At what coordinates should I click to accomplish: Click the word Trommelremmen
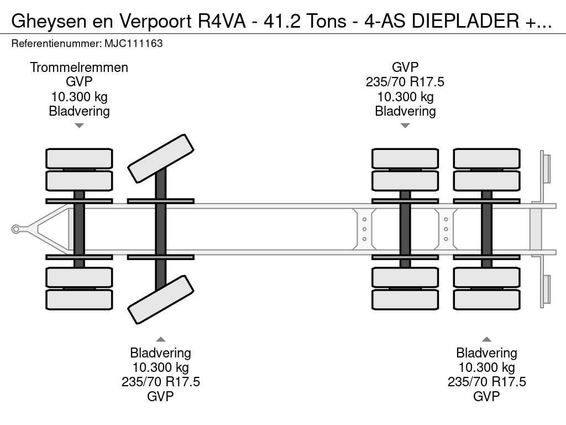pos(79,68)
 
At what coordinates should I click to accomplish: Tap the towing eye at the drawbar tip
pos(16,228)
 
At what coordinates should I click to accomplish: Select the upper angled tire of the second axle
pos(161,158)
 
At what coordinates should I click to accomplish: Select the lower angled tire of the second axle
pos(161,299)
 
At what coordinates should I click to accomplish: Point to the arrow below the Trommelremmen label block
pos(79,126)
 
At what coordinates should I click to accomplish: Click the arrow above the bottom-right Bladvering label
pos(486,339)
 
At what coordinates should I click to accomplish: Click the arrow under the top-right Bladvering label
pos(405,126)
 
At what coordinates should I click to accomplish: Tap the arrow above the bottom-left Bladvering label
pos(160,339)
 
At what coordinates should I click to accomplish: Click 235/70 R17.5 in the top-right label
pos(405,82)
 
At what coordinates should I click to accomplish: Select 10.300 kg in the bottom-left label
pos(160,367)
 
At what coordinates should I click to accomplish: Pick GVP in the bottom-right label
pos(486,396)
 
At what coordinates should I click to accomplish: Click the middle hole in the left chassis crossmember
pos(365,229)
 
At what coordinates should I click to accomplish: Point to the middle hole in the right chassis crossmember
pos(446,229)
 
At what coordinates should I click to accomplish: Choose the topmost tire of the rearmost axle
pos(486,158)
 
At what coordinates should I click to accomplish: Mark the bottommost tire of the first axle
pos(79,299)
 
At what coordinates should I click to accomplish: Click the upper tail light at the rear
pos(547,168)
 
